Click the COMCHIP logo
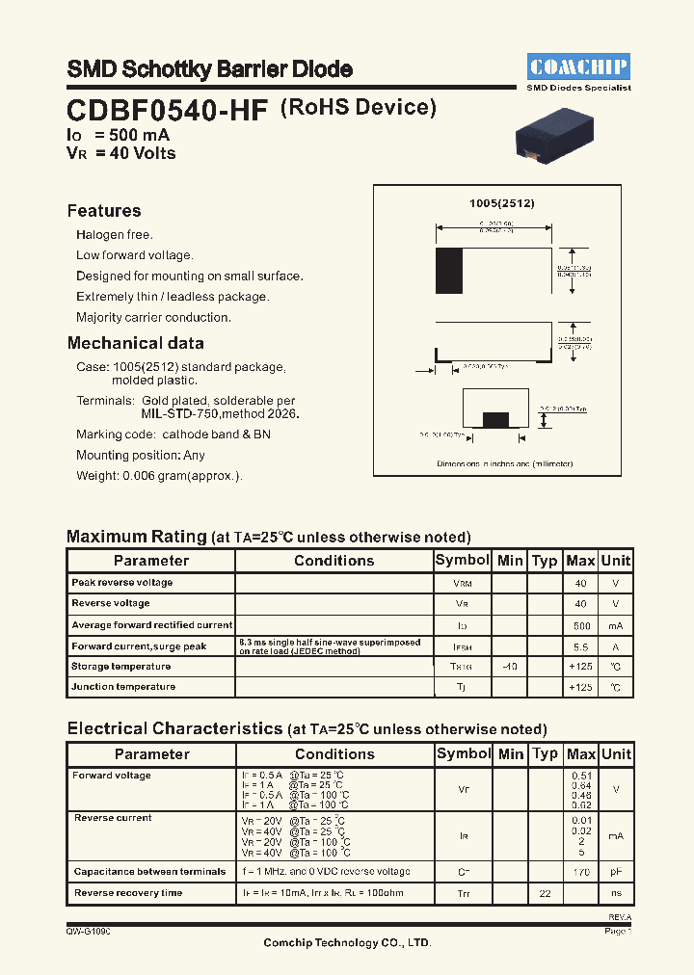pos(578,66)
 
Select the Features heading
pos(104,211)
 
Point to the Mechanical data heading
pos(135,343)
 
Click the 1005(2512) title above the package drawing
pos(501,204)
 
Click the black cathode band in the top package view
pos(449,271)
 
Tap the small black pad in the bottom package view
pos(495,419)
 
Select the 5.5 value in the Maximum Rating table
pos(580,646)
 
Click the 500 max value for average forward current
pos(580,625)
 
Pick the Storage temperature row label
pos(120,667)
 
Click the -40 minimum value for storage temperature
pos(510,667)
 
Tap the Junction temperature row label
pos(123,687)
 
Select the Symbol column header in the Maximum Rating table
pos(463,561)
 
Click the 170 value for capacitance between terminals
pos(580,872)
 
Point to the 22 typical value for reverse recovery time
pos(545,894)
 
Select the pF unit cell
pos(616,872)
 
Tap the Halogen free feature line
pos(115,235)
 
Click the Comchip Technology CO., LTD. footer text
pos(347,943)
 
